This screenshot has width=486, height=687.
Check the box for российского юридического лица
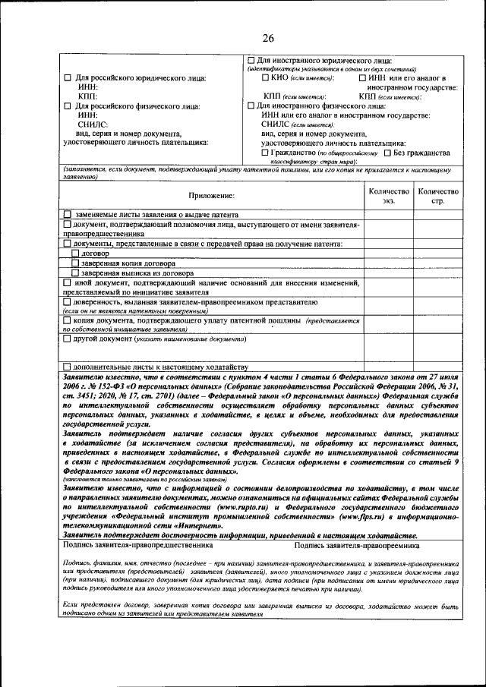click(67, 78)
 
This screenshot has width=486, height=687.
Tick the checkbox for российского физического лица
click(67, 106)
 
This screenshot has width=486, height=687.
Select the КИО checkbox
click(264, 77)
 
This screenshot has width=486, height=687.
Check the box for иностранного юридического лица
click(252, 59)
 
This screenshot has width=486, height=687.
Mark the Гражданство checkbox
click(264, 152)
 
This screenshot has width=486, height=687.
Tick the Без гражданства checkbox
click(387, 152)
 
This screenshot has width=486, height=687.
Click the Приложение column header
click(213, 197)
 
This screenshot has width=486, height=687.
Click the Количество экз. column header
click(388, 197)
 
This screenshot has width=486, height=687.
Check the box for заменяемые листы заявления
click(68, 216)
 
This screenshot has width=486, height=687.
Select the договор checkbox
click(74, 253)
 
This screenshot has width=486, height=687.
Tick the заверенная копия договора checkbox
click(74, 263)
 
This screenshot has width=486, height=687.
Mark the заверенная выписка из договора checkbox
click(74, 273)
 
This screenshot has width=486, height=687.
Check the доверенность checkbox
click(67, 301)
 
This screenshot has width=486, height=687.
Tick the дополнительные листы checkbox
click(67, 367)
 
